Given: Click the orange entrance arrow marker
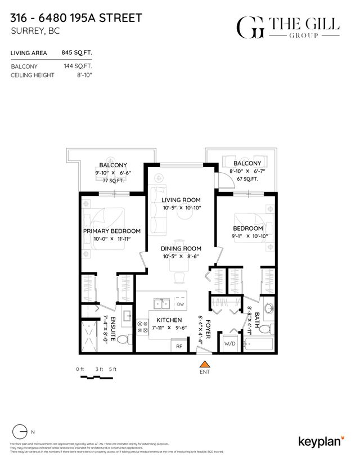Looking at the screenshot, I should (205, 363).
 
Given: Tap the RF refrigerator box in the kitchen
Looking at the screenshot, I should (179, 346).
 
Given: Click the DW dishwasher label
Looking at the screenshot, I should (180, 304).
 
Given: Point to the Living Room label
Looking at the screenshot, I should (181, 200).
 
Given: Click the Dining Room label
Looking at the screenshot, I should (181, 248).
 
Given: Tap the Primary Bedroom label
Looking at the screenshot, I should (112, 231).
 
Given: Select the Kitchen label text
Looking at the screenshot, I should (168, 320).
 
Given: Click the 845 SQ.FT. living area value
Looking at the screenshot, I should (76, 53).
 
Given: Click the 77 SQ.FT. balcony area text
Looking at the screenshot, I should (112, 181).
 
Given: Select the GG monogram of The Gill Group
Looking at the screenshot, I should (249, 27).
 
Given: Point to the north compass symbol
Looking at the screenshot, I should (20, 432).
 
